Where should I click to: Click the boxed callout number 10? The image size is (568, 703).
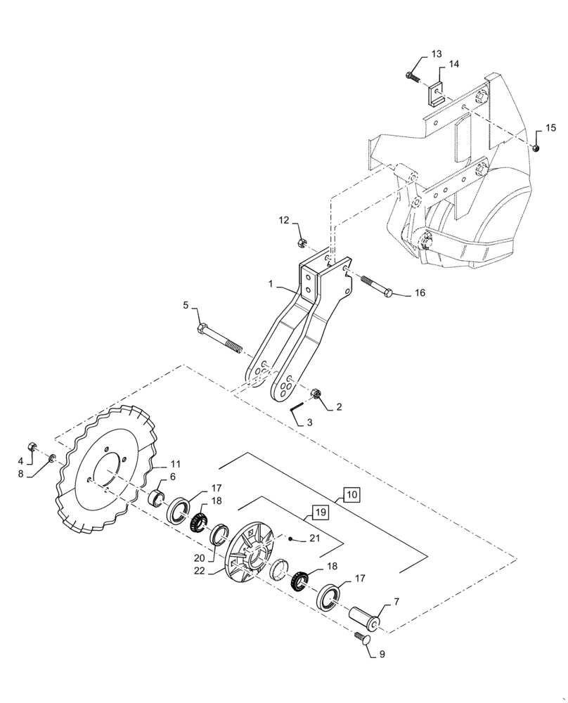click(351, 496)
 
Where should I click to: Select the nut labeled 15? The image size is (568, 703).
click(535, 148)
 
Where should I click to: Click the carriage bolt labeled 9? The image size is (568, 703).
click(363, 638)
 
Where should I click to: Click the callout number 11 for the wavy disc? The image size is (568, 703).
click(176, 464)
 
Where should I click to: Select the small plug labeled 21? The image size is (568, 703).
click(290, 538)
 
